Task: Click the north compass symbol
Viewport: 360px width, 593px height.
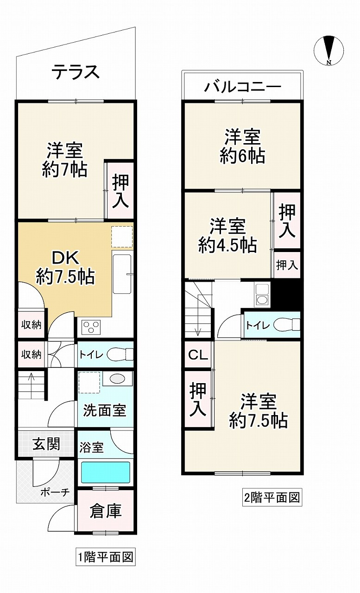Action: point(329,50)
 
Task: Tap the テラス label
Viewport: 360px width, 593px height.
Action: point(76,72)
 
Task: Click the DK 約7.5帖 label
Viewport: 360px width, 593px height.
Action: point(65,267)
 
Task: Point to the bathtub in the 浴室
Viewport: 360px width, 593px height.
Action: point(106,473)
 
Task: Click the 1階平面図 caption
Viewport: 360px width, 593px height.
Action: point(106,556)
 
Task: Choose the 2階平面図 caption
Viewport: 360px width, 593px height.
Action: point(272,498)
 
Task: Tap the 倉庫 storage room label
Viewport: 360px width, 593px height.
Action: point(106,511)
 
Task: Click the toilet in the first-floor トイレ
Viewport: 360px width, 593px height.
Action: point(120,355)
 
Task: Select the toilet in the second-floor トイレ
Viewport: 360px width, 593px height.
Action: point(286,325)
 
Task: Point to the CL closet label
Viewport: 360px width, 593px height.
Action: point(198,355)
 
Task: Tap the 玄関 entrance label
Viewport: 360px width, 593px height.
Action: point(46,444)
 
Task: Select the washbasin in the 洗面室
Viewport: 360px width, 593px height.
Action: point(117,379)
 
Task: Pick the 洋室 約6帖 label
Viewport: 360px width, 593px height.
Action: point(242,146)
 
